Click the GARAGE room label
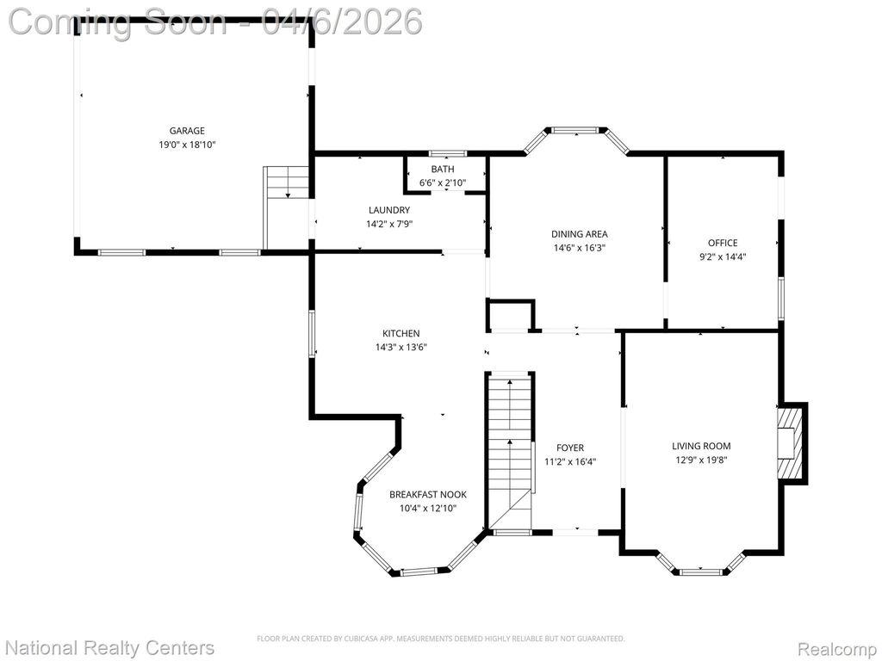tap(187, 131)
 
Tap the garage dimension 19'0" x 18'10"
tap(187, 145)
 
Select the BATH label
tap(443, 170)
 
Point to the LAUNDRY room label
tap(389, 210)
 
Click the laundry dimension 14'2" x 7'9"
tap(389, 225)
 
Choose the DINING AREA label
tap(580, 234)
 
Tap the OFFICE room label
tap(723, 243)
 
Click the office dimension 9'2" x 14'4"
tap(723, 256)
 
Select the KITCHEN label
tap(401, 333)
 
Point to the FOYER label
tap(570, 448)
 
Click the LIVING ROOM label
tap(701, 447)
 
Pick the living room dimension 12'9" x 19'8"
tap(701, 460)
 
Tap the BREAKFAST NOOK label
tap(428, 495)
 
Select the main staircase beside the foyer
tap(510, 453)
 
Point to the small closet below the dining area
tap(510, 316)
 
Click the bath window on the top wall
tap(448, 153)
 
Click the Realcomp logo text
tap(836, 649)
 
